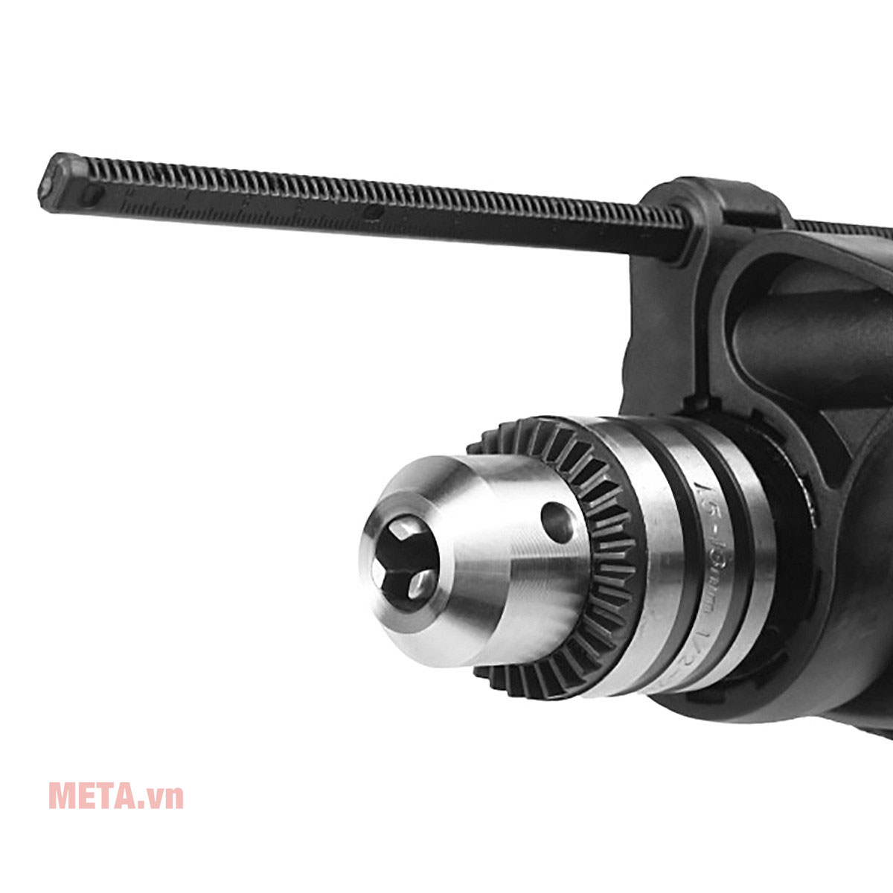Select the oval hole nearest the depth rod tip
point(91,196)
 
